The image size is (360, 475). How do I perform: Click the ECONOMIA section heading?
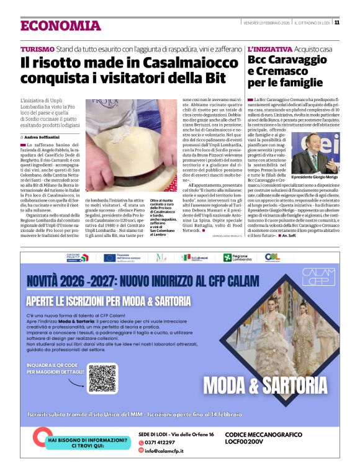coord(60,25)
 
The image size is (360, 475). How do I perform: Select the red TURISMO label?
coord(37,48)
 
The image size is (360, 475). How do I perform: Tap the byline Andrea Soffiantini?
coord(47,136)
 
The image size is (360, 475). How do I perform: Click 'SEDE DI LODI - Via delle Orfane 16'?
coord(176,434)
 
